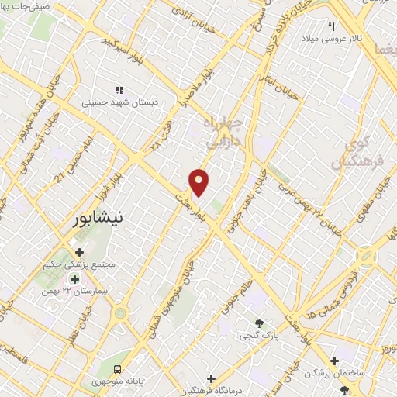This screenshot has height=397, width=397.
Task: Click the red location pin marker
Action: [198, 181]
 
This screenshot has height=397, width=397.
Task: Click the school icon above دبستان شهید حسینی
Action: [119, 89]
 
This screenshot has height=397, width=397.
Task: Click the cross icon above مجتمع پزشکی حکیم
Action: [79, 252]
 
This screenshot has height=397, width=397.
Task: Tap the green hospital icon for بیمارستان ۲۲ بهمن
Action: [75, 279]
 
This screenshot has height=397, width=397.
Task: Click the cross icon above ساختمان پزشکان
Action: [334, 361]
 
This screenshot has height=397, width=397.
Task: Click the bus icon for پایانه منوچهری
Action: [117, 369]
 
